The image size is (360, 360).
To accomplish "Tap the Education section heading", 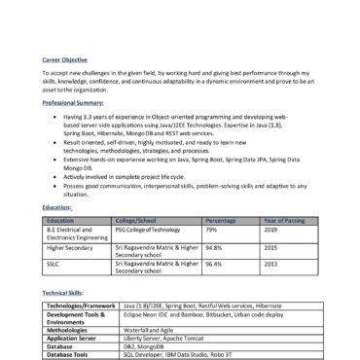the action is [57, 207].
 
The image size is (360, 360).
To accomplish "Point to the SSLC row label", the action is [54, 264].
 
